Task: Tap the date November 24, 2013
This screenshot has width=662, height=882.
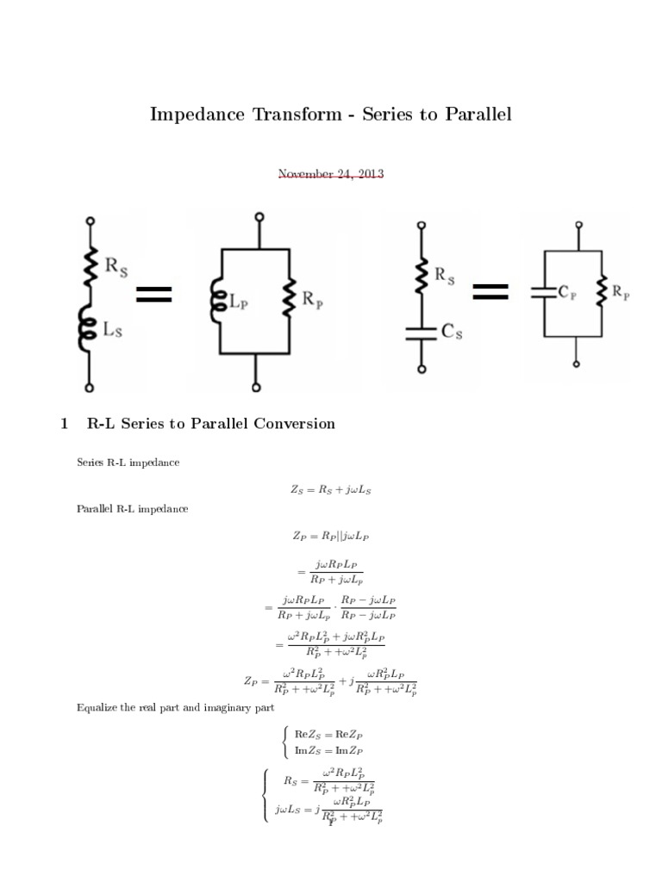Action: tap(331, 174)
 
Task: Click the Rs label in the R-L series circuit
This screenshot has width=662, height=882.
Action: tap(119, 266)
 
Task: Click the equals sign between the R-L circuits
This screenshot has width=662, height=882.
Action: tap(154, 295)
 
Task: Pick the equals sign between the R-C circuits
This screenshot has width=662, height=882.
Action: tap(490, 292)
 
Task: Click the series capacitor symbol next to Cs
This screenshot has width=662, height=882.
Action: tap(422, 332)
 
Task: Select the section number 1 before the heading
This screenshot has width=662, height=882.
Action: tap(64, 424)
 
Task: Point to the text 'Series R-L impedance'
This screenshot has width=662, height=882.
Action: tap(128, 463)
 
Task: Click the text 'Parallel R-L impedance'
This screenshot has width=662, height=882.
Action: tap(132, 509)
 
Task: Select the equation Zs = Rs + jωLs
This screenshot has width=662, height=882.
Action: tap(331, 490)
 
